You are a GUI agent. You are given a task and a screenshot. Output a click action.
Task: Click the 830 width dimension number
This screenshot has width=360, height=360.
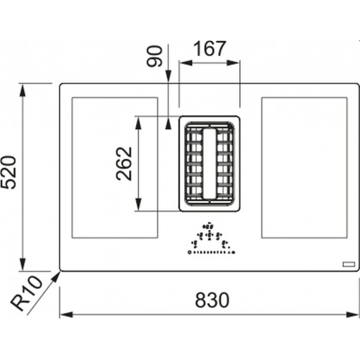(212, 300)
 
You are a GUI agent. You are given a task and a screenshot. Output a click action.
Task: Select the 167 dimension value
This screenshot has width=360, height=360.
(210, 49)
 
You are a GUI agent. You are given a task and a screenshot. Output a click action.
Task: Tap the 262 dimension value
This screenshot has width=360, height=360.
(124, 163)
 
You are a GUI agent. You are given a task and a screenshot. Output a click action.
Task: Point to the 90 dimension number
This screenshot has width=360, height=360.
(155, 56)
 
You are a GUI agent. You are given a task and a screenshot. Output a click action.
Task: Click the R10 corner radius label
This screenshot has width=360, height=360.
(27, 293)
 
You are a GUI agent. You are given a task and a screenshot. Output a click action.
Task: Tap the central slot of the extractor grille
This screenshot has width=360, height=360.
(210, 164)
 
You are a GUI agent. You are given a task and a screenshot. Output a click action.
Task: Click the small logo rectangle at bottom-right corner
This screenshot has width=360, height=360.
(348, 264)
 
